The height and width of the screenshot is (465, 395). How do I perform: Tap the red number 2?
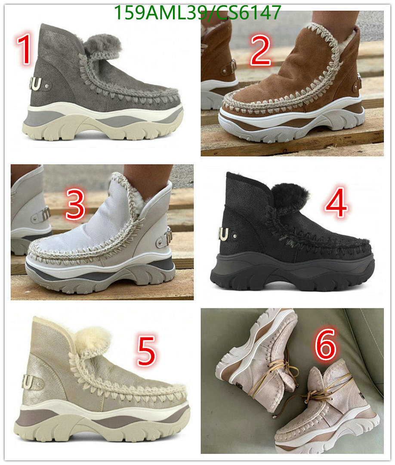(261, 50)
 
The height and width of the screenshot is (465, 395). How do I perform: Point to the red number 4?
(336, 203)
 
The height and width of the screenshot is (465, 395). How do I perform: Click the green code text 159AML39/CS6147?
(197, 12)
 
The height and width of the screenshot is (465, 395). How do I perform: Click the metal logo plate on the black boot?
(223, 234)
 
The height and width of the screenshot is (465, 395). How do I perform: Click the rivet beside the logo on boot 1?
(46, 86)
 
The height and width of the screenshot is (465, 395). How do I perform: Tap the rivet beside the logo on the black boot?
(235, 236)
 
